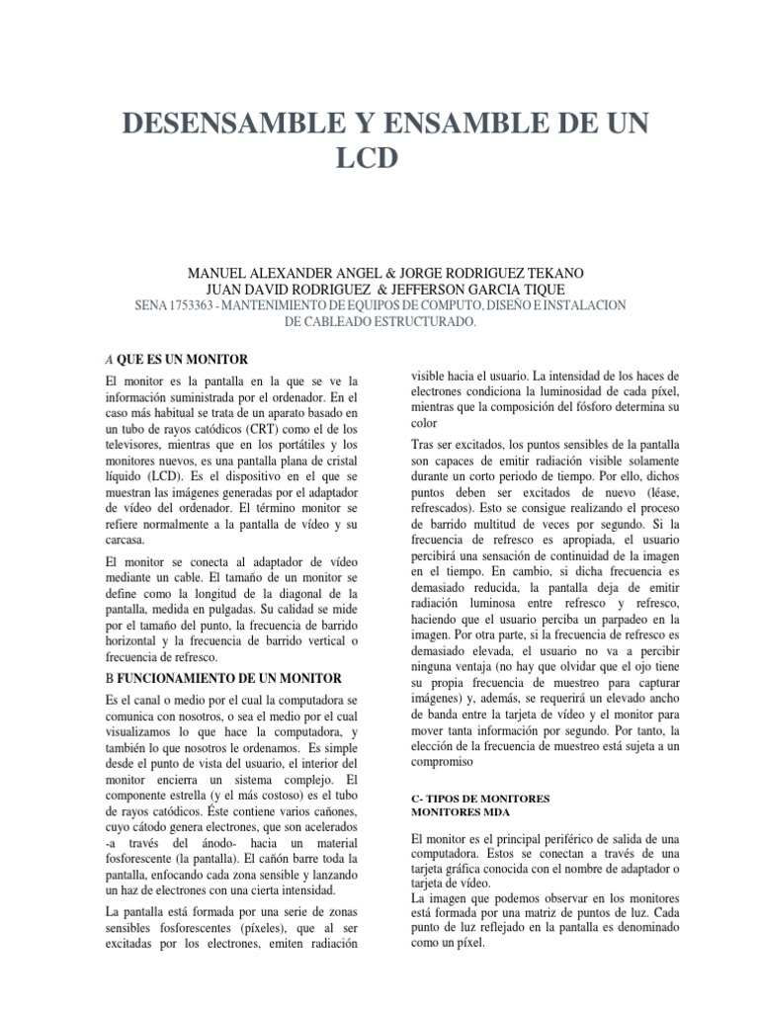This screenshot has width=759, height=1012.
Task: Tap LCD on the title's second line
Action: tap(379, 159)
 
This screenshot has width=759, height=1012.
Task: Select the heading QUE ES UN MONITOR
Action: tap(182, 359)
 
